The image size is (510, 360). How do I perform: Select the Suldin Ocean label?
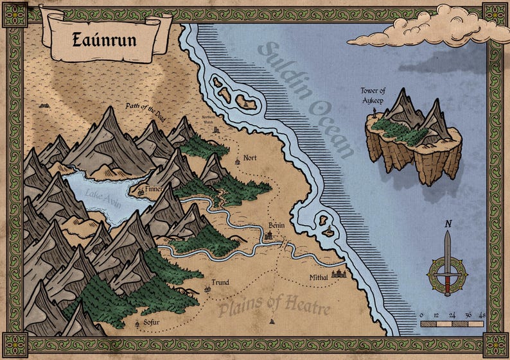pyautogui.click(x=307, y=99)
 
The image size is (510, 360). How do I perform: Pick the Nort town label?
pyautogui.click(x=249, y=157)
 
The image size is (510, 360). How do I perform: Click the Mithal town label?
pyautogui.click(x=318, y=277)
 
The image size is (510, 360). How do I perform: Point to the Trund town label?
pyautogui.click(x=220, y=282)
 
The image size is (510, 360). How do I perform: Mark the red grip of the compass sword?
pyautogui.click(x=448, y=283)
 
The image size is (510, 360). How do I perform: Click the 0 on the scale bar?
pyautogui.click(x=421, y=315)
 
